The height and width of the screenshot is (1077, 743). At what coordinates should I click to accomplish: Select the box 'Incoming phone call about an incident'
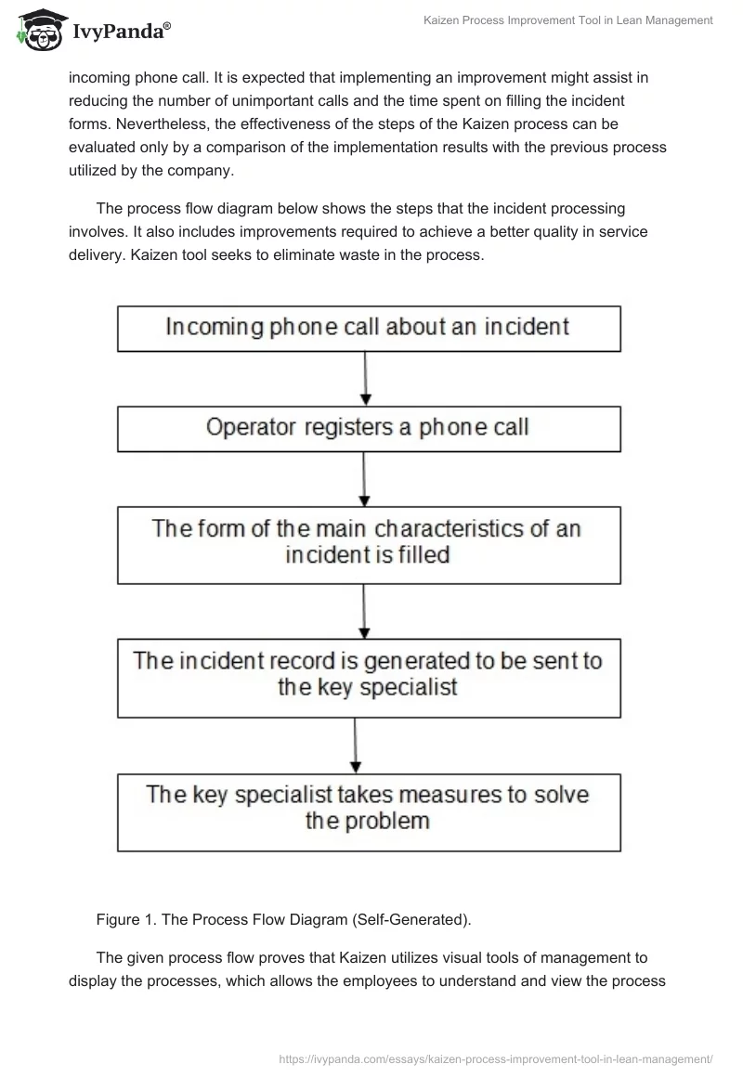point(369,328)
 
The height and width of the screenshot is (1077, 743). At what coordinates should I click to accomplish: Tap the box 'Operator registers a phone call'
point(369,428)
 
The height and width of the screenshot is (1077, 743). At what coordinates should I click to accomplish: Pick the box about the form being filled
point(369,544)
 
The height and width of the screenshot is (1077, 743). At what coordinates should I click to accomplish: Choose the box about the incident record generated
point(369,677)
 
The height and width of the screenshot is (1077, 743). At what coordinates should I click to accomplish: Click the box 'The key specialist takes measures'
point(369,811)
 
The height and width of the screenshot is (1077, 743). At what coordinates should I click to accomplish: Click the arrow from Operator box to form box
point(363,478)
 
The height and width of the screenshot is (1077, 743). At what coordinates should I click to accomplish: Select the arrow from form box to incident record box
point(363,610)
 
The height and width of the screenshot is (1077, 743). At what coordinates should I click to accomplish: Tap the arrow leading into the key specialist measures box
point(356,745)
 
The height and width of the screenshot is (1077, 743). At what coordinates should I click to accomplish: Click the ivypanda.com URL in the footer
point(496,1058)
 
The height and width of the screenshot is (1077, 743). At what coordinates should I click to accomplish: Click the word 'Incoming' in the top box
point(212,327)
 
